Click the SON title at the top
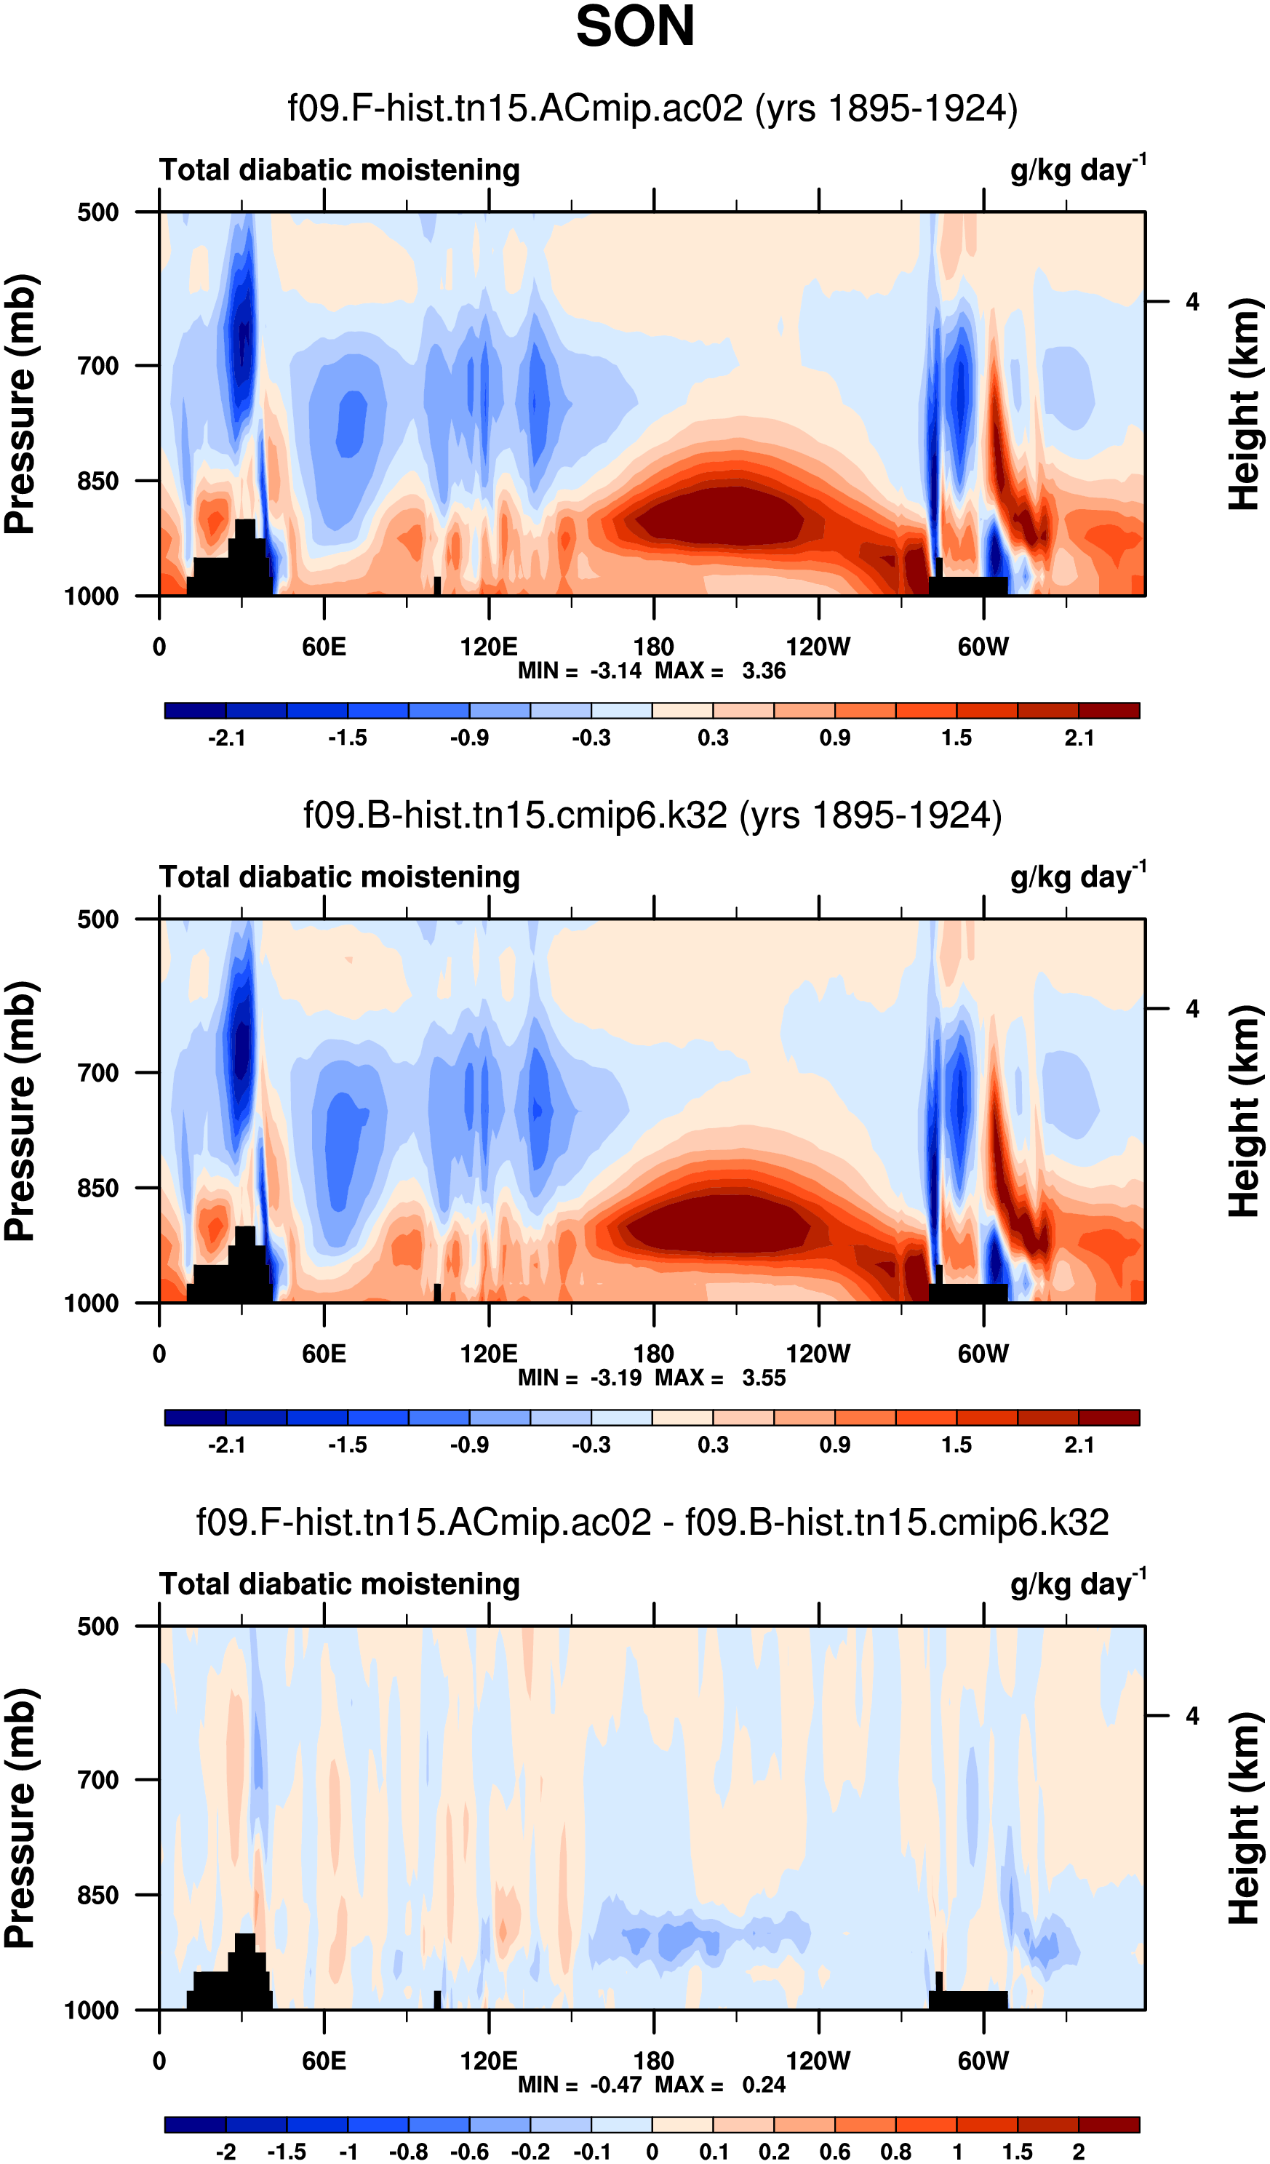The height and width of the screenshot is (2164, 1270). pyautogui.click(x=634, y=27)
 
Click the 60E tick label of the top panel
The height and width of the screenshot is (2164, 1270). pyautogui.click(x=324, y=647)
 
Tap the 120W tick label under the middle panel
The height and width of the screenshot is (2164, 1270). pyautogui.click(x=818, y=1354)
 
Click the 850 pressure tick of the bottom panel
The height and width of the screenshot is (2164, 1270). pyautogui.click(x=98, y=1895)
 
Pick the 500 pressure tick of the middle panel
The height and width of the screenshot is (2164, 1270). pyautogui.click(x=98, y=919)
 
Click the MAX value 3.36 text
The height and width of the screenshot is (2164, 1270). pyautogui.click(x=763, y=671)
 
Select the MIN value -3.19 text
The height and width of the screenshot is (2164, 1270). pyautogui.click(x=615, y=1378)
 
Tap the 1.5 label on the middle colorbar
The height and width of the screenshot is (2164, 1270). pyautogui.click(x=957, y=1445)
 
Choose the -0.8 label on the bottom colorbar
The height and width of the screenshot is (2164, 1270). pyautogui.click(x=409, y=2152)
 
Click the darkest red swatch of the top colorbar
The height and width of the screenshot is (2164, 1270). pyautogui.click(x=1109, y=710)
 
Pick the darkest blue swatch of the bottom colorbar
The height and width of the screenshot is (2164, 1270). pyautogui.click(x=195, y=2125)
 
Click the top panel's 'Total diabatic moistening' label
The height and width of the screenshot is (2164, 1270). pyautogui.click(x=339, y=170)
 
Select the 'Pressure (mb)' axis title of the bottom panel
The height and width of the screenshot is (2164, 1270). pyautogui.click(x=20, y=1818)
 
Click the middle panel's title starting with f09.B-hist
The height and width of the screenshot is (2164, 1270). pyautogui.click(x=652, y=815)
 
